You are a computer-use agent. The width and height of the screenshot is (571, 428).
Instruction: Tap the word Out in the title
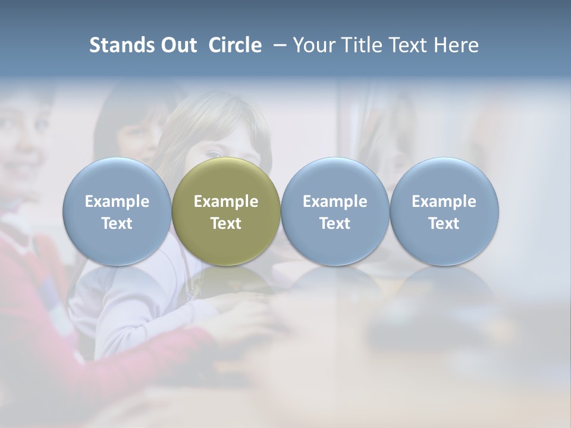click(x=177, y=45)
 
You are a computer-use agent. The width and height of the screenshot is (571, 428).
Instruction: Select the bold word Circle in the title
click(x=235, y=45)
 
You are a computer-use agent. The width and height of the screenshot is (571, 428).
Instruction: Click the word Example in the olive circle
click(x=226, y=202)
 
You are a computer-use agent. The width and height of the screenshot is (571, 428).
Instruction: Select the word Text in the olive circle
click(x=226, y=224)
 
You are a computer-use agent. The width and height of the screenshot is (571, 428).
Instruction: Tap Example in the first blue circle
click(x=117, y=202)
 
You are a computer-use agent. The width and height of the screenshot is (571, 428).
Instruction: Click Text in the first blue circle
click(x=117, y=224)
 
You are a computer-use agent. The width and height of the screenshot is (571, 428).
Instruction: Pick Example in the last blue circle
click(x=444, y=202)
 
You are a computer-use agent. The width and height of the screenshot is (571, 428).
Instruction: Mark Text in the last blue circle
click(x=444, y=224)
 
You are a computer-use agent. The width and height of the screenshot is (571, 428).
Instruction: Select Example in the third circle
click(x=335, y=202)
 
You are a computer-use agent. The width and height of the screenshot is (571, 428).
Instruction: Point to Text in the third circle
click(x=335, y=224)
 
